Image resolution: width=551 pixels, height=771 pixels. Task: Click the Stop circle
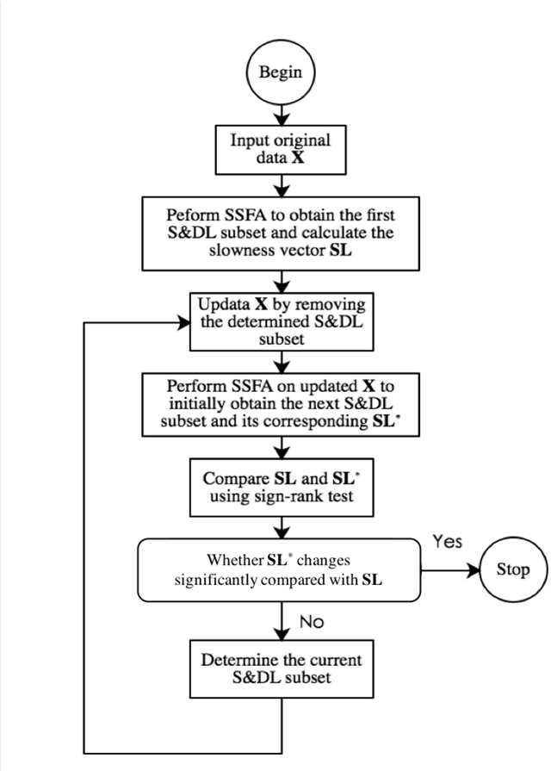[x=511, y=569]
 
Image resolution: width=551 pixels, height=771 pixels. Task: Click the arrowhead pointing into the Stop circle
[x=471, y=569]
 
